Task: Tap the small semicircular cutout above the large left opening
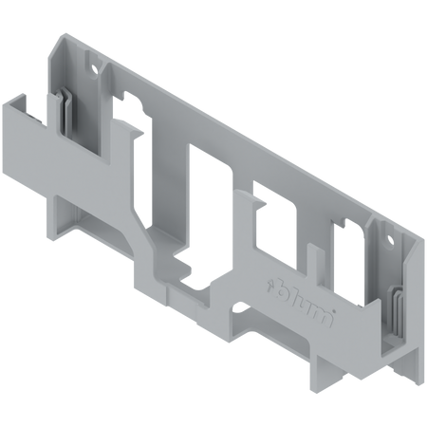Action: click(125, 95)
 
